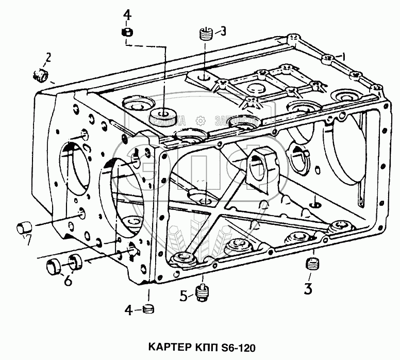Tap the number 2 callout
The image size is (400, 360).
point(48,57)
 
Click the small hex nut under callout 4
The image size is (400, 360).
point(127,32)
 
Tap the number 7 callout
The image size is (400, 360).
point(29,240)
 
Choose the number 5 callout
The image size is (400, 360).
point(183,296)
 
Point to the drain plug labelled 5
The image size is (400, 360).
point(203,292)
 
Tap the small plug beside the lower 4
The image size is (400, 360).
point(148,309)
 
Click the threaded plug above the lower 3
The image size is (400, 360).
point(310,265)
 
